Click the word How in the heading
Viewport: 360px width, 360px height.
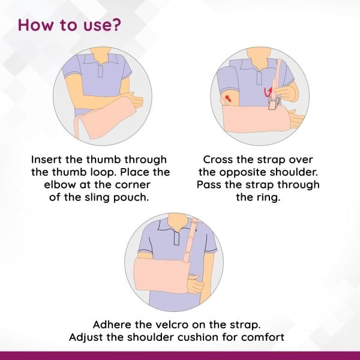pyautogui.click(x=35, y=26)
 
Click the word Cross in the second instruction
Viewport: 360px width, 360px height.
pyautogui.click(x=219, y=160)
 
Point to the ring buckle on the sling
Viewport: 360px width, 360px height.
pyautogui.click(x=271, y=103)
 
